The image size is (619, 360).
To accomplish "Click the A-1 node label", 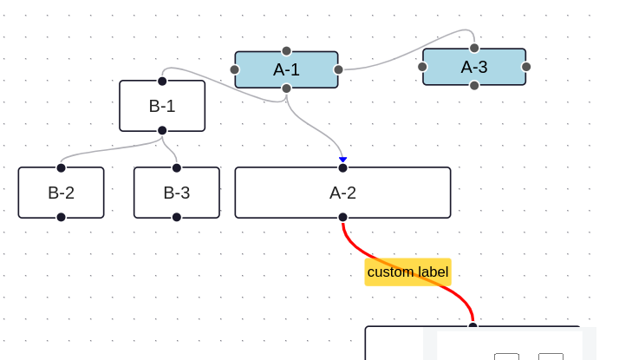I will (286, 69).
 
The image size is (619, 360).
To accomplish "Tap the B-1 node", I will (162, 106).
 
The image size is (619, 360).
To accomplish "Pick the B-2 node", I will (61, 193).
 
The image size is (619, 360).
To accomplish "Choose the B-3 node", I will (176, 193).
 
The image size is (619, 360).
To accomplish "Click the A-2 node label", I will (342, 193).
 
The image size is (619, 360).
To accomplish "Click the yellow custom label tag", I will (407, 272).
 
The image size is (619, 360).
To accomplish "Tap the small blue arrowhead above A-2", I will (342, 160).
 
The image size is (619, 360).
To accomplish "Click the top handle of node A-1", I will (286, 51).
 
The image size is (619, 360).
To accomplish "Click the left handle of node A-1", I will (235, 69).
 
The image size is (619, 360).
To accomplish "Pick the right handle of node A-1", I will (338, 69).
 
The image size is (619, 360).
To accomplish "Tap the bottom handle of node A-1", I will (286, 88).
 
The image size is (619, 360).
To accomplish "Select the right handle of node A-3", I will (526, 67).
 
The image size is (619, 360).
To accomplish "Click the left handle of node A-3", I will (422, 67).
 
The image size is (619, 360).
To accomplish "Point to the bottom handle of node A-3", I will (474, 85).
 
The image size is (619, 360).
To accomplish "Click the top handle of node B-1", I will (162, 81).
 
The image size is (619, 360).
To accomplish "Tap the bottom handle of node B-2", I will (61, 217).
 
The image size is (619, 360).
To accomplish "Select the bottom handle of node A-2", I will (342, 217).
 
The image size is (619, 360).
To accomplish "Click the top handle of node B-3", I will (176, 168).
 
